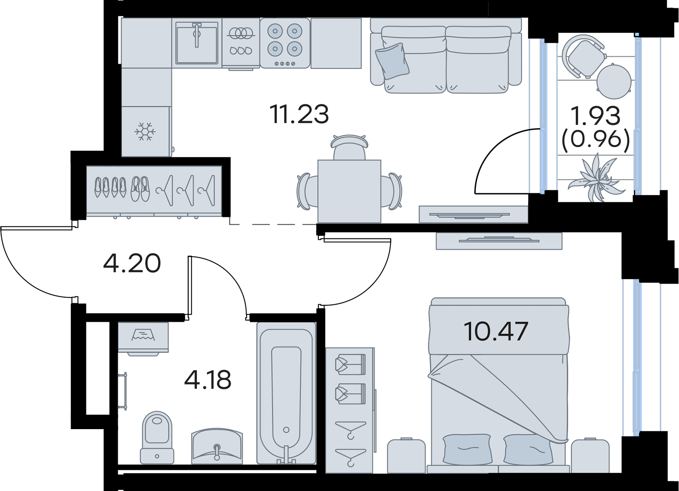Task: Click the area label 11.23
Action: pyautogui.click(x=301, y=114)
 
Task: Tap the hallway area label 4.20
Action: pyautogui.click(x=132, y=263)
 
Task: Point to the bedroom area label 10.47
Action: pyautogui.click(x=496, y=331)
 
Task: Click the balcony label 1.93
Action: pyautogui.click(x=596, y=116)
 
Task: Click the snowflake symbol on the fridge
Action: pyautogui.click(x=145, y=132)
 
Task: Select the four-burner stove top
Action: pyautogui.click(x=285, y=43)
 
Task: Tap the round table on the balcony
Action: pyautogui.click(x=614, y=81)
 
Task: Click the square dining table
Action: pyautogui.click(x=349, y=191)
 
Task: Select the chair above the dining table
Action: pyautogui.click(x=349, y=147)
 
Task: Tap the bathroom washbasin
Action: pyautogui.click(x=217, y=446)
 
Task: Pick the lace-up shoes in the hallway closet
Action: pyautogui.click(x=140, y=189)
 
